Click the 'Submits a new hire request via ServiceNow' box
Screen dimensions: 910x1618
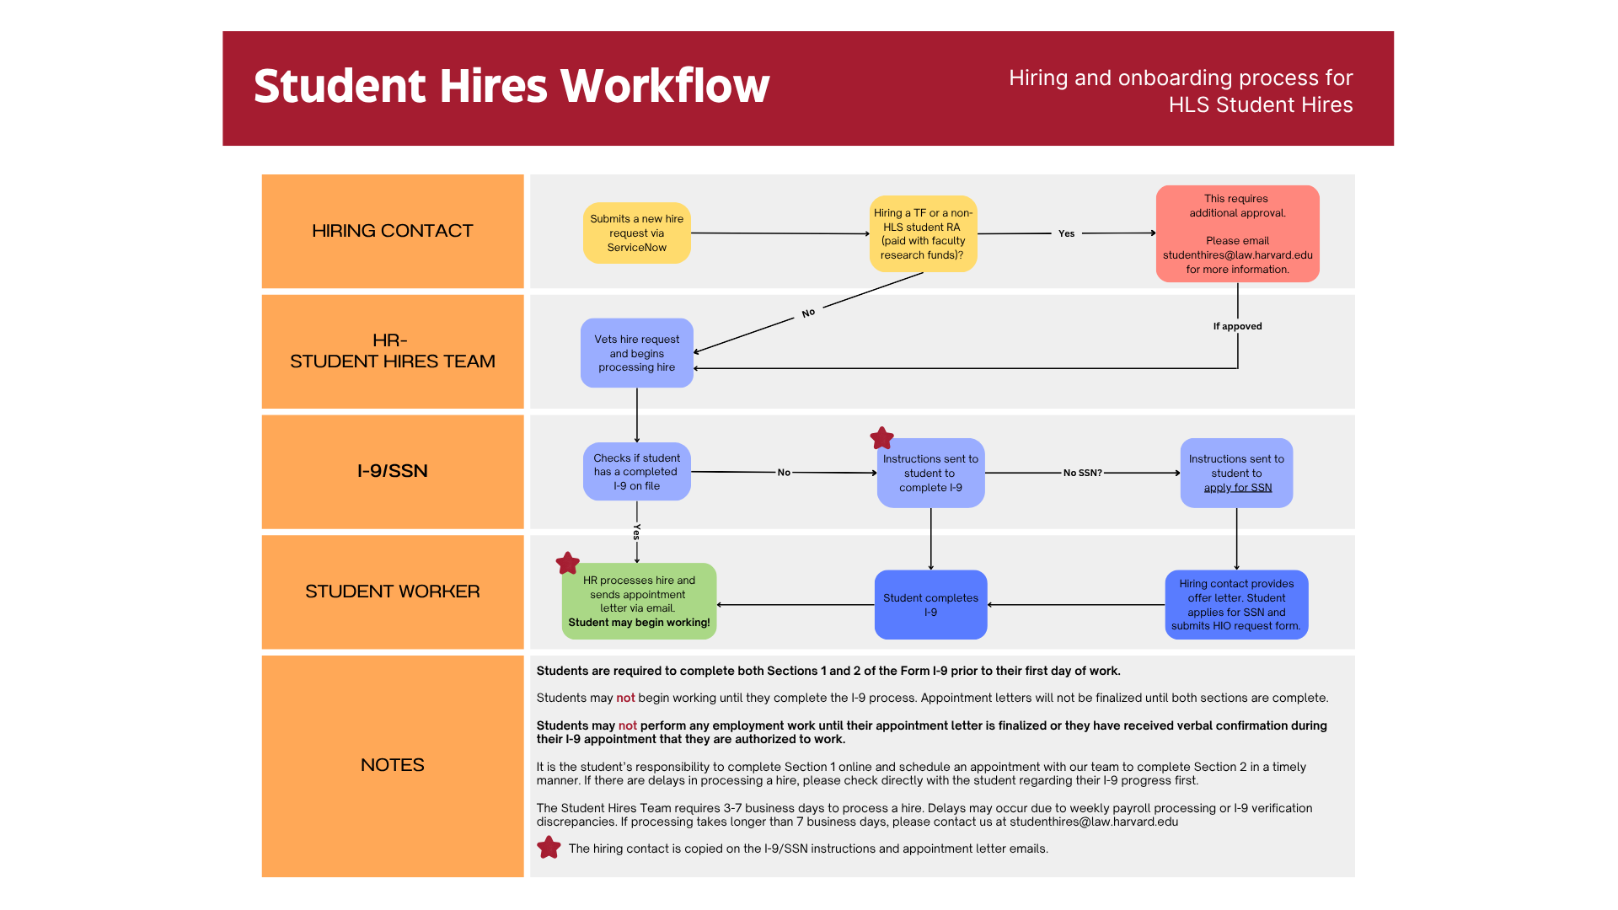click(x=636, y=233)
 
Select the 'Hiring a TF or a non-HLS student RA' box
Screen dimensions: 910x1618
click(x=923, y=233)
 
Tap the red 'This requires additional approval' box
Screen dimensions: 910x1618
click(x=1237, y=233)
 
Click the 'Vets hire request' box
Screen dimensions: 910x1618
click(x=636, y=353)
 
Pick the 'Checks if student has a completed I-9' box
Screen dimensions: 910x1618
click(x=636, y=472)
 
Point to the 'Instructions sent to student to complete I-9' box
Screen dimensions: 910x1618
click(x=930, y=473)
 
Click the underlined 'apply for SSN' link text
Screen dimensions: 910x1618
click(x=1237, y=488)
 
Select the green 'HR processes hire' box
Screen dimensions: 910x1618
click(x=639, y=601)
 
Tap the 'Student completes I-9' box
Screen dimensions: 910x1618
click(x=930, y=604)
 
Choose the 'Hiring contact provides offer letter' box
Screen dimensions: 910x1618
click(x=1236, y=604)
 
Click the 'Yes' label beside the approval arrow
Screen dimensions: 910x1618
click(x=1066, y=233)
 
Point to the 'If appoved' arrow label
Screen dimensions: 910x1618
click(x=1237, y=326)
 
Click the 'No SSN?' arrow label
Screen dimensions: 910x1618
click(x=1082, y=473)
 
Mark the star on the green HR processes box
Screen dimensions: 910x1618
click(x=568, y=563)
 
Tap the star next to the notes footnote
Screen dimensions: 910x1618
click(x=549, y=848)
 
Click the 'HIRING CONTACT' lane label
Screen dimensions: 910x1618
click(x=393, y=231)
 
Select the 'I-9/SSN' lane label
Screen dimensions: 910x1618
click(x=393, y=471)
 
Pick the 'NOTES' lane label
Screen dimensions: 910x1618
click(x=393, y=765)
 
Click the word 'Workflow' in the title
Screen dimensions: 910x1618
click(x=665, y=86)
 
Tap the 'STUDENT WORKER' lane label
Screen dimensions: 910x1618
click(x=393, y=591)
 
